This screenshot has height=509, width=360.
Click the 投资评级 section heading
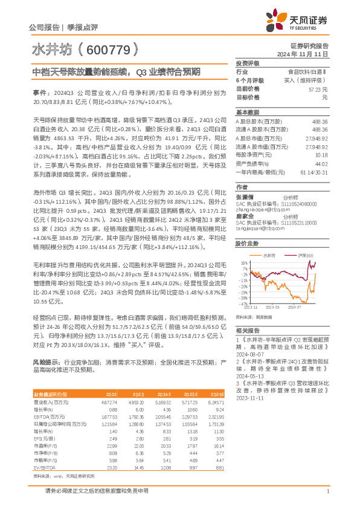pos(248,63)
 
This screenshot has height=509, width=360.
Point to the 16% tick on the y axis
pos(244,264)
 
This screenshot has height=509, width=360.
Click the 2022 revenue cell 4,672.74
pos(109,401)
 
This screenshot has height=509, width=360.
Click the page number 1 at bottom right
pos(327,498)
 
